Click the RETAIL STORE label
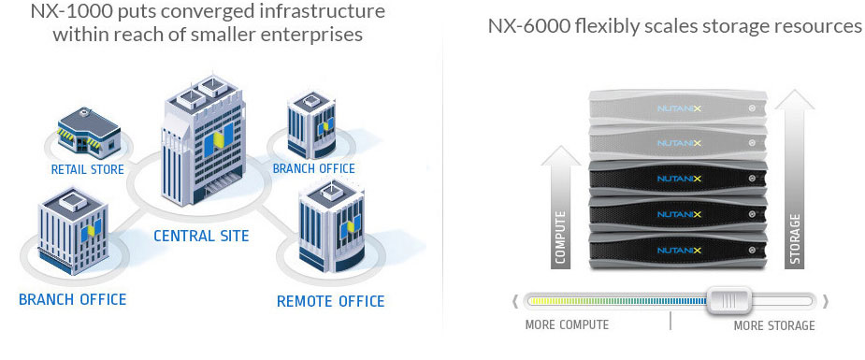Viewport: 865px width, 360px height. pyautogui.click(x=87, y=169)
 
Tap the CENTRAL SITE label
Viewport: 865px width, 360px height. pyautogui.click(x=201, y=236)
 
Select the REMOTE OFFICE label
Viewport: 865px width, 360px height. pyautogui.click(x=330, y=302)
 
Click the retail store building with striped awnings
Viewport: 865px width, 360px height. pyautogui.click(x=89, y=130)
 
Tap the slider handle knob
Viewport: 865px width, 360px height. pyautogui.click(x=729, y=300)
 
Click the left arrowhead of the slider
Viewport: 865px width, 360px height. pyautogui.click(x=516, y=301)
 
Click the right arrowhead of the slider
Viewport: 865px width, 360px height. pyautogui.click(x=826, y=301)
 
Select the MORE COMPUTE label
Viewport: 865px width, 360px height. pyautogui.click(x=567, y=324)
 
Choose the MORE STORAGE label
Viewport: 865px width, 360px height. pyautogui.click(x=774, y=325)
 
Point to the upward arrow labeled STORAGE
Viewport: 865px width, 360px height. pyautogui.click(x=794, y=180)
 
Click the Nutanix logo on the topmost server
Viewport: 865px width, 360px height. pyautogui.click(x=679, y=108)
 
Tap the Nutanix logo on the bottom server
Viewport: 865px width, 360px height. pyautogui.click(x=679, y=251)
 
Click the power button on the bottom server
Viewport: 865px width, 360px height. pyautogui.click(x=751, y=251)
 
